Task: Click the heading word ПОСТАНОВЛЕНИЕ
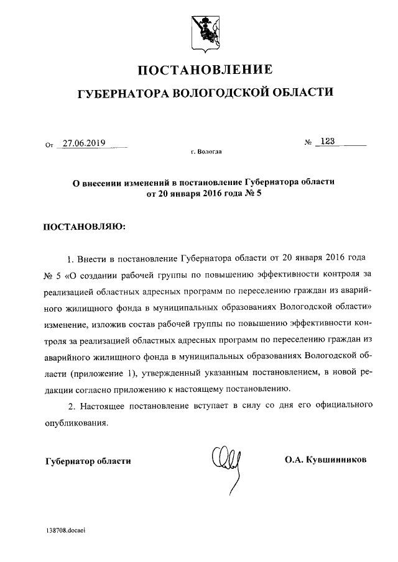(x=205, y=68)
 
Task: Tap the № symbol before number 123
(x=308, y=143)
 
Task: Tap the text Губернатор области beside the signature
(x=88, y=461)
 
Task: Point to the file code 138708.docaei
(x=65, y=532)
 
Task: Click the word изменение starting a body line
(x=65, y=324)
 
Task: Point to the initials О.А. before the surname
(x=294, y=460)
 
